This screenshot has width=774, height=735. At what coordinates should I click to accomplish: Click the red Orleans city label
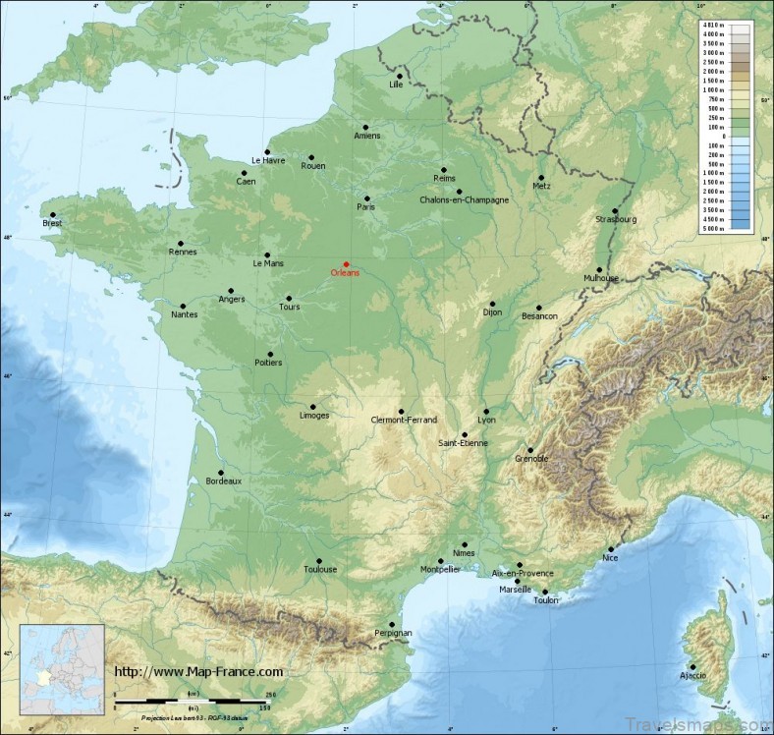pyautogui.click(x=345, y=273)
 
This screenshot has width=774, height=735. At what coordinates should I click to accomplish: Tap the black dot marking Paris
pyautogui.click(x=366, y=198)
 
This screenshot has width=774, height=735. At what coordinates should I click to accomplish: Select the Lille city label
pyautogui.click(x=397, y=85)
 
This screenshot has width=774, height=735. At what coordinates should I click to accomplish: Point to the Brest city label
pyautogui.click(x=52, y=224)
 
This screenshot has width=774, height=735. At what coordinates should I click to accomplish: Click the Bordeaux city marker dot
pyautogui.click(x=220, y=472)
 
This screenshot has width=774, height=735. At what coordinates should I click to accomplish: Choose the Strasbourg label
pyautogui.click(x=616, y=219)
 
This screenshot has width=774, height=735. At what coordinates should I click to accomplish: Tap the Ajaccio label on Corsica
pyautogui.click(x=691, y=675)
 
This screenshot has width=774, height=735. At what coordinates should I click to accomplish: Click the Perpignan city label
pyautogui.click(x=393, y=634)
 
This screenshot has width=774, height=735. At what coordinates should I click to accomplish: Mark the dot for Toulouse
pyautogui.click(x=318, y=560)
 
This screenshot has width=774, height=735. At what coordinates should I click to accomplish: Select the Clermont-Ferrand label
pyautogui.click(x=404, y=420)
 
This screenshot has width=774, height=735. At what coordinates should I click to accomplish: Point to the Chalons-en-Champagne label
pyautogui.click(x=464, y=200)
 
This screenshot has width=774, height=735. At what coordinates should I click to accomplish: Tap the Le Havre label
pyautogui.click(x=267, y=160)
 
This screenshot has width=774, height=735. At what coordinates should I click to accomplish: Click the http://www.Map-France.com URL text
pyautogui.click(x=199, y=672)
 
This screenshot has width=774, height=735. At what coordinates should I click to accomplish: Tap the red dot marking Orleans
pyautogui.click(x=346, y=263)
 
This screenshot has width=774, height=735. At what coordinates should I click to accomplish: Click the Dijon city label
pyautogui.click(x=492, y=312)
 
